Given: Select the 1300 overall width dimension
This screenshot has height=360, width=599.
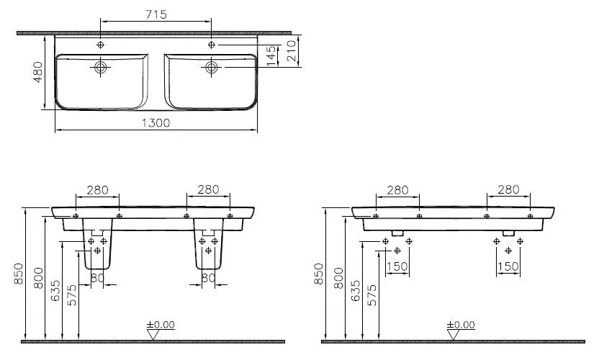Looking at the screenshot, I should tap(155, 123).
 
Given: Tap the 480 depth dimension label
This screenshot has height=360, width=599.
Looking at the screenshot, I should tap(38, 72).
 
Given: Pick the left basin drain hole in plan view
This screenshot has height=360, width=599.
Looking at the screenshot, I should tap(100, 68).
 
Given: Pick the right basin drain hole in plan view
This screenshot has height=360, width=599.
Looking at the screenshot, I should tap(212, 68).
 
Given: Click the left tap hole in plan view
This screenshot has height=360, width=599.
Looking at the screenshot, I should tap(100, 45).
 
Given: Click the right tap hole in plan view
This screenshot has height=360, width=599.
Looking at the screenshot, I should tap(212, 45).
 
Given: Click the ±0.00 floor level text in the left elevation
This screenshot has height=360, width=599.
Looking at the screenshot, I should tap(161, 325).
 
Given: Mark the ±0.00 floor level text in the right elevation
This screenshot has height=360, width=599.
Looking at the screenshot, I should tap(461, 325).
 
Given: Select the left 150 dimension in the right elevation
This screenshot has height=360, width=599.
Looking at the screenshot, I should tap(397, 267).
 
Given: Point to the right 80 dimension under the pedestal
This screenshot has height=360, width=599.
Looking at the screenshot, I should tap(209, 276).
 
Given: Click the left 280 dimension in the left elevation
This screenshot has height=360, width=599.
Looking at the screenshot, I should tap(98, 190).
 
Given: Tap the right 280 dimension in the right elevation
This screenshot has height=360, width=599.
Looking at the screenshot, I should tap(508, 190).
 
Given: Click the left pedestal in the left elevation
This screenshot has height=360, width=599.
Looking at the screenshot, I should tap(99, 249).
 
